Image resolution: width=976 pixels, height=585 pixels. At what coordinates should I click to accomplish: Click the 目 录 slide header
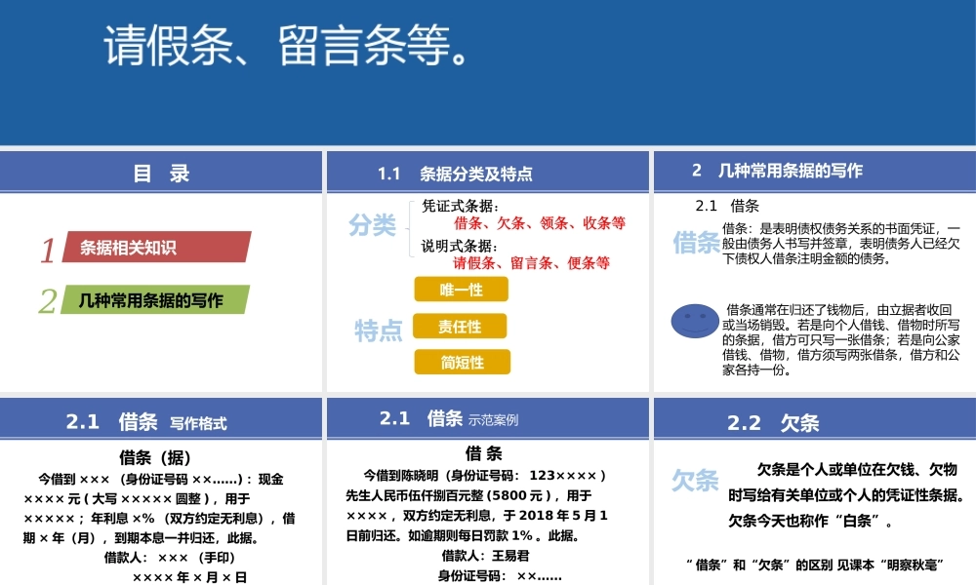[x=161, y=174]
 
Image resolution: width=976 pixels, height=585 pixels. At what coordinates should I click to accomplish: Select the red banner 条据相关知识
[x=156, y=248]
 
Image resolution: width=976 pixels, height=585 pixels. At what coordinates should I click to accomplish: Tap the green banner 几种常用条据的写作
[x=156, y=300]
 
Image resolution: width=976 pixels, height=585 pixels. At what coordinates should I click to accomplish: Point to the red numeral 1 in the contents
[x=48, y=251]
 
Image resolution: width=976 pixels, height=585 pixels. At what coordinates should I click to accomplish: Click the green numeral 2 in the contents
[x=48, y=302]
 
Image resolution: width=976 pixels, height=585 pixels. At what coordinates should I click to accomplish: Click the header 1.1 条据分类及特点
[x=455, y=175]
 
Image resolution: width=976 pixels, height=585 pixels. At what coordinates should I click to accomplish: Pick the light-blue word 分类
[x=373, y=226]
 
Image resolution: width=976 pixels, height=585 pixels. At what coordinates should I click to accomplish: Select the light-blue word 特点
[x=379, y=331]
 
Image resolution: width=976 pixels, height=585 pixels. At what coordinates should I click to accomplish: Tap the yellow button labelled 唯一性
[x=462, y=290]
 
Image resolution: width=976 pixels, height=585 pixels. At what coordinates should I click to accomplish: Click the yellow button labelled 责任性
[x=462, y=326]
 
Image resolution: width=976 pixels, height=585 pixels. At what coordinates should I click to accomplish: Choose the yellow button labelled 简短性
[x=462, y=363]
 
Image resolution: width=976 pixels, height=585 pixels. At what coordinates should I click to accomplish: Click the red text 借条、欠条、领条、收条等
[x=540, y=223]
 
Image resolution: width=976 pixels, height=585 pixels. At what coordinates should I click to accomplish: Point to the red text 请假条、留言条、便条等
[x=532, y=262]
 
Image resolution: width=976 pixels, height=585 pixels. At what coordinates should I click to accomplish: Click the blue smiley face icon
[x=694, y=320]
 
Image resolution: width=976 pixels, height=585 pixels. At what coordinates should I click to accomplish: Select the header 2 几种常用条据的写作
[x=777, y=170]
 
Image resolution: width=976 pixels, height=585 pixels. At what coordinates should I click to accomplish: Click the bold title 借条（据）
[x=155, y=456]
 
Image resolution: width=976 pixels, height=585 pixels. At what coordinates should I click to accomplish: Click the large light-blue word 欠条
[x=695, y=480]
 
